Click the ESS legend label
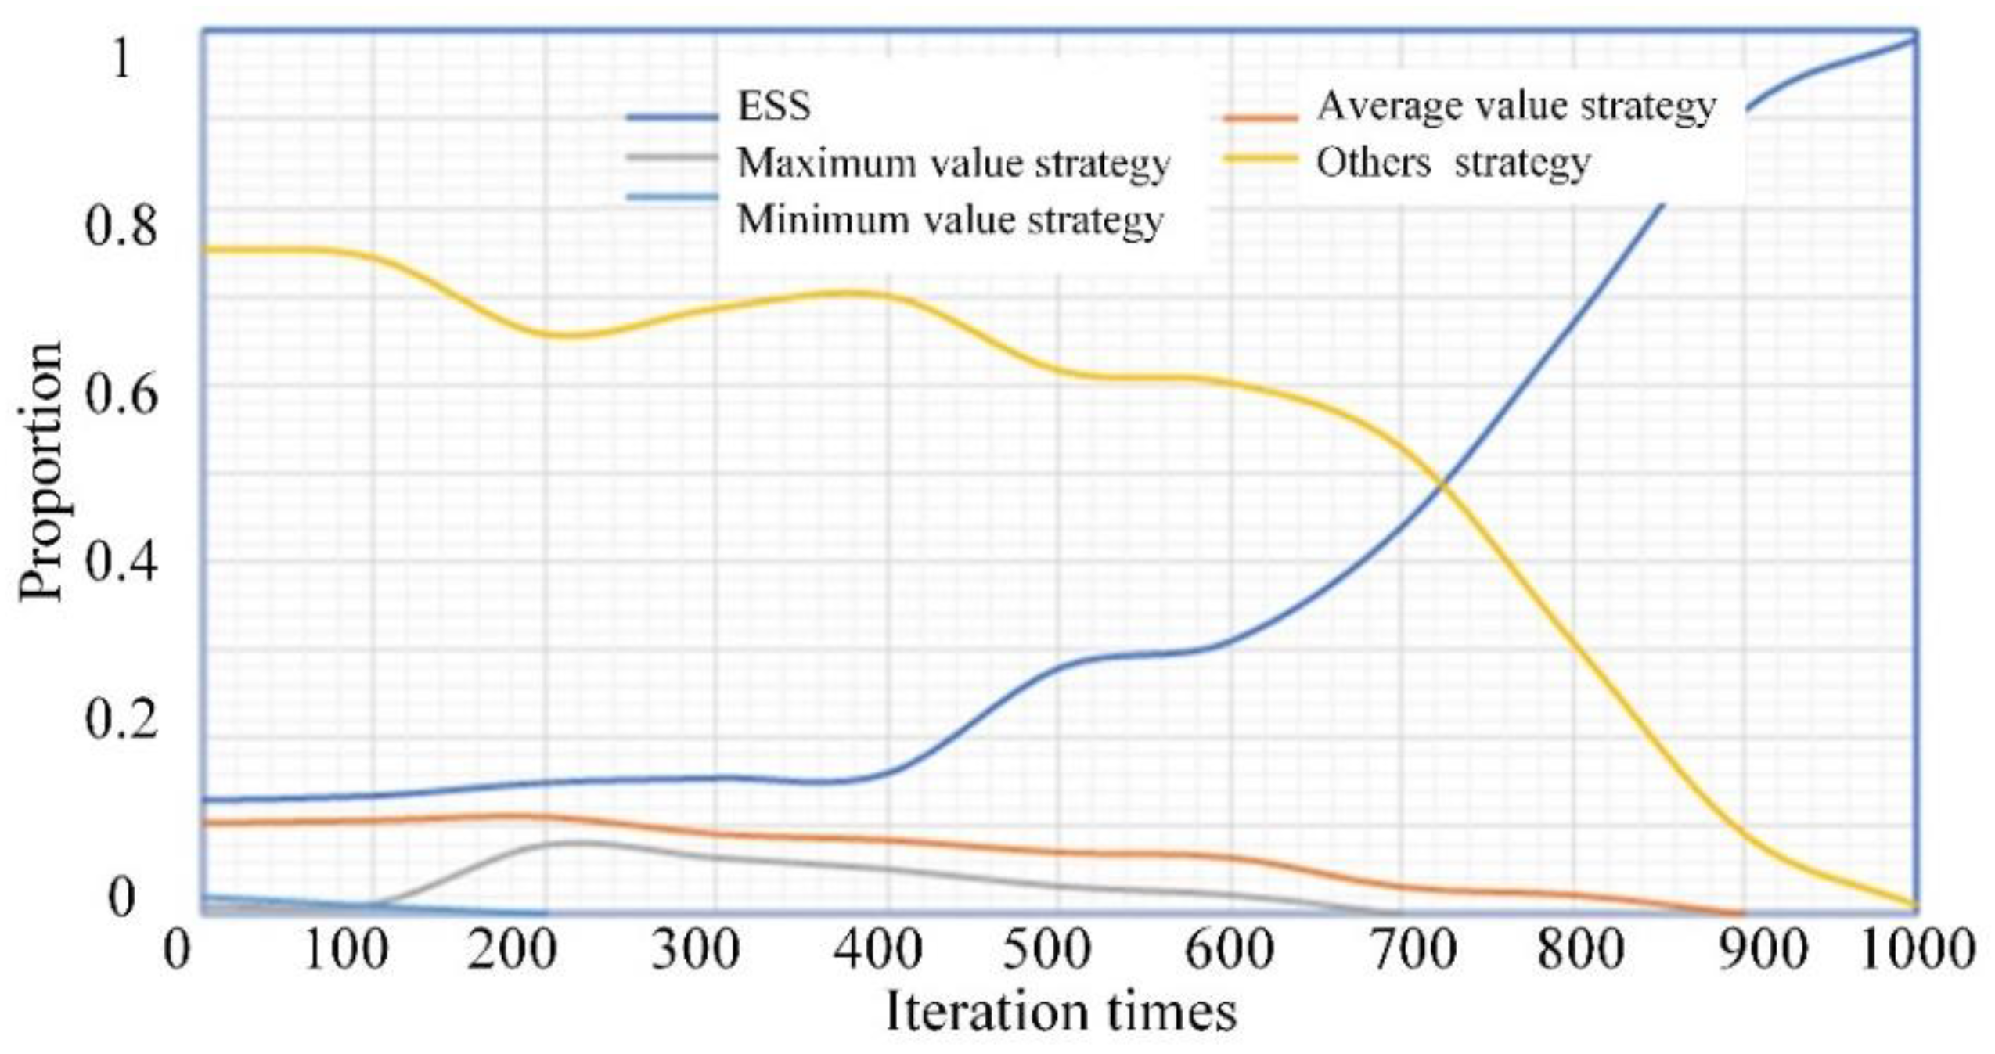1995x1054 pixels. (x=773, y=106)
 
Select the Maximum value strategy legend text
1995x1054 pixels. (x=952, y=164)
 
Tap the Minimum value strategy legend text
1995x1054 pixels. (x=949, y=220)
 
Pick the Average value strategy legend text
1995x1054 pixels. (x=1516, y=106)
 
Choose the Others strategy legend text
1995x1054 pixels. (x=1453, y=164)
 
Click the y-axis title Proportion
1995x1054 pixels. (x=41, y=471)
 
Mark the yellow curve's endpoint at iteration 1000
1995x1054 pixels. (x=1914, y=905)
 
